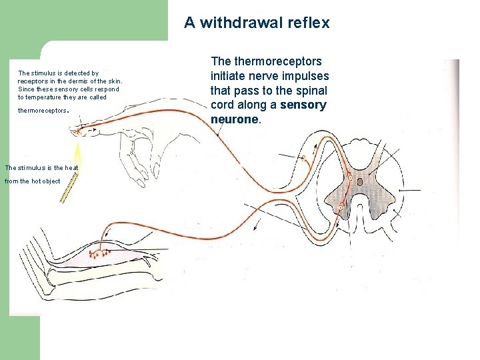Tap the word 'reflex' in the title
pyautogui.click(x=307, y=23)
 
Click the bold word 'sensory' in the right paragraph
pyautogui.click(x=303, y=105)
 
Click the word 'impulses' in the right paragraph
pyautogui.click(x=303, y=75)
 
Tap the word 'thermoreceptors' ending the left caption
pyautogui.click(x=42, y=111)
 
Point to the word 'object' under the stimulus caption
pyautogui.click(x=50, y=181)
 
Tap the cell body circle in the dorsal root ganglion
pyautogui.click(x=304, y=159)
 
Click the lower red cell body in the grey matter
pyautogui.click(x=341, y=208)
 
